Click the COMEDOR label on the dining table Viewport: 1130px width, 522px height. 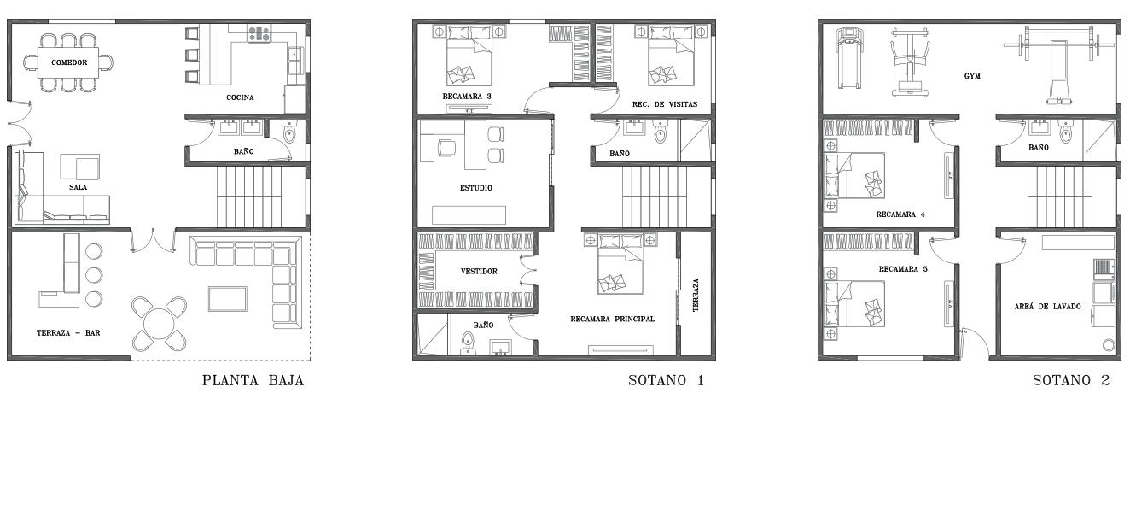[x=69, y=62]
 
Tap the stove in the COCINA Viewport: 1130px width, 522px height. [x=259, y=34]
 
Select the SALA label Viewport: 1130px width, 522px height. [x=79, y=187]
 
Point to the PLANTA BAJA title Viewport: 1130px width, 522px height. [x=253, y=380]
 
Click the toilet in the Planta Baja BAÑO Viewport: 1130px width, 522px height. [x=289, y=132]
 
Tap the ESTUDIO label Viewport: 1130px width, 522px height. [x=476, y=188]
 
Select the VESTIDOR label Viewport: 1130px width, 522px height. [x=480, y=271]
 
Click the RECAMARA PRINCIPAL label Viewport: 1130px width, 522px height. [x=613, y=319]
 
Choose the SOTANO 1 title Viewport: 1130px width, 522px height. [x=666, y=380]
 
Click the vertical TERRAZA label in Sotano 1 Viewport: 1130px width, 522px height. [x=696, y=295]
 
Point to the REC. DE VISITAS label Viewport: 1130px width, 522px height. [x=665, y=104]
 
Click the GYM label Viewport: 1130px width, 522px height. [x=972, y=76]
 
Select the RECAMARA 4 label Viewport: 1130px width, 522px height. [x=900, y=214]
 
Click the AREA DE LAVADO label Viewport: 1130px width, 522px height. [x=1047, y=307]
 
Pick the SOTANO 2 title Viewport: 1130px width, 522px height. [x=1071, y=380]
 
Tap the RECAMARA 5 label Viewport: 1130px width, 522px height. [x=903, y=269]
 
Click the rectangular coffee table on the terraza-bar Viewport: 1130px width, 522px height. [x=228, y=299]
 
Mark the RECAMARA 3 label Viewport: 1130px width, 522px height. [x=467, y=97]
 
